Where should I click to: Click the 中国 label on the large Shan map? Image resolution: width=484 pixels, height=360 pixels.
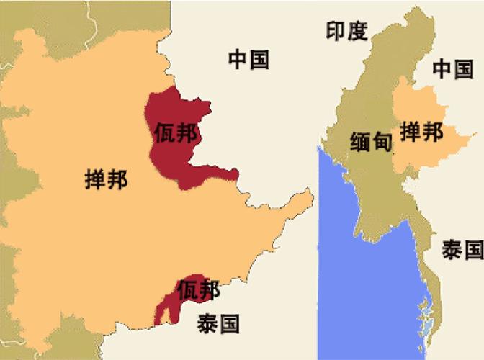point(248,60)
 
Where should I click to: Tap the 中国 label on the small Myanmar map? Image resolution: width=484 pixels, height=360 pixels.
point(453,69)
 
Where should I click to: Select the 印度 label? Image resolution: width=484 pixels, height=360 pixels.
point(346,30)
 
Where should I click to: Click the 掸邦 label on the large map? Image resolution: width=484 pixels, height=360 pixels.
point(106,179)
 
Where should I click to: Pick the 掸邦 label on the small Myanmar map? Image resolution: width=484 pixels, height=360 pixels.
point(421,132)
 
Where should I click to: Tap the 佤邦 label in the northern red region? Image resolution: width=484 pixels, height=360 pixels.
point(175,133)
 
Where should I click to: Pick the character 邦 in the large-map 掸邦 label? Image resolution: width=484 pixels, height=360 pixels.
point(117,179)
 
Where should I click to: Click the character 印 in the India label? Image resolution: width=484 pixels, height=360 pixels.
point(336,30)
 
